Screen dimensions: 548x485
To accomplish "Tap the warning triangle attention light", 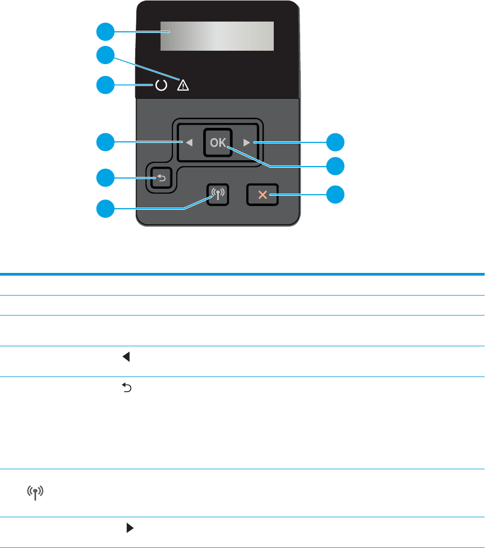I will (x=183, y=85).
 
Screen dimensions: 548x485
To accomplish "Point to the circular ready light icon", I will (x=160, y=85).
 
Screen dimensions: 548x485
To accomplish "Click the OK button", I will (x=218, y=142).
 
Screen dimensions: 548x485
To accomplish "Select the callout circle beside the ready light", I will (x=105, y=85).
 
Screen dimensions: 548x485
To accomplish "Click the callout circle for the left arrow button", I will (x=105, y=142).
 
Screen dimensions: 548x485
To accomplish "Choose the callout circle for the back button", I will (x=105, y=177).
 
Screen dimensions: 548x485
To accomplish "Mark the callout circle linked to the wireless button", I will (x=105, y=209).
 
